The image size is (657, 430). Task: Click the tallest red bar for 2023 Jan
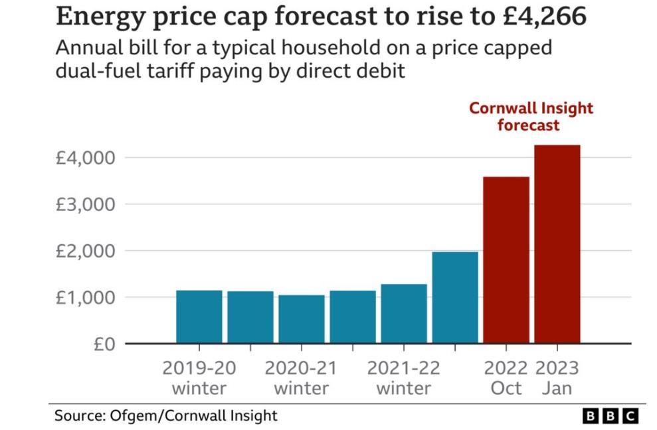click(557, 244)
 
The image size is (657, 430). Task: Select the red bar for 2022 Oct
click(506, 260)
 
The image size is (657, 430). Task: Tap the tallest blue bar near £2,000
click(455, 297)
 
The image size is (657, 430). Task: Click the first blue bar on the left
click(199, 317)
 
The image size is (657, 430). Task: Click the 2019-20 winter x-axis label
click(199, 378)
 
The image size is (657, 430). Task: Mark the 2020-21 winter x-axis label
click(301, 378)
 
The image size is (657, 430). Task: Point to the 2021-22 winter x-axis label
click(403, 378)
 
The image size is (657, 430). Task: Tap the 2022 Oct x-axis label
click(506, 378)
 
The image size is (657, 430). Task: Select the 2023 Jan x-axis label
click(557, 378)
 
